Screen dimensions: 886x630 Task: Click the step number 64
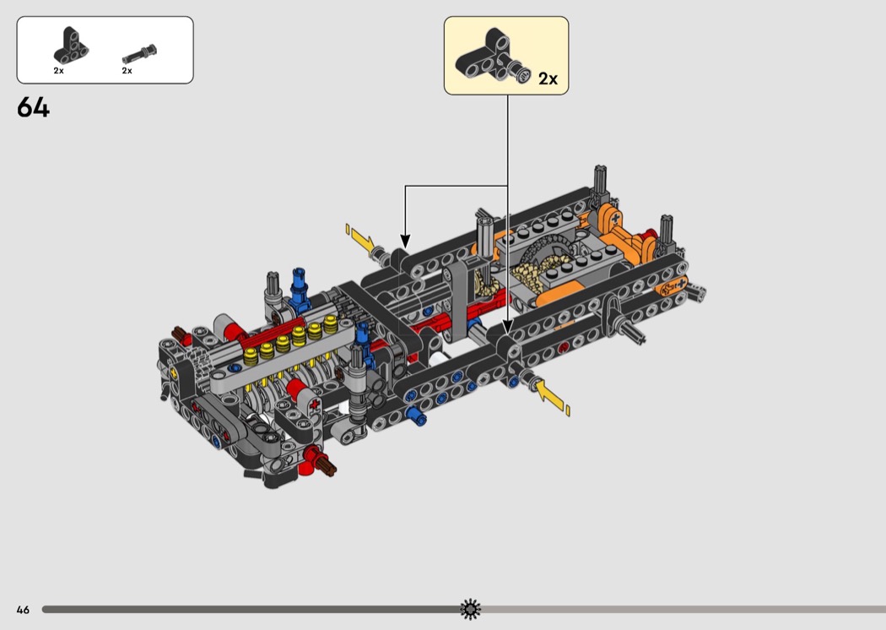pos(34,107)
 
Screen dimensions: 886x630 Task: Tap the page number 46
pos(23,610)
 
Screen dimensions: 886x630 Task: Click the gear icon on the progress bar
pos(470,609)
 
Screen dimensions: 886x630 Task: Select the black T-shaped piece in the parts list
pos(71,46)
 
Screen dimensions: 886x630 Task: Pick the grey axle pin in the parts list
pos(139,54)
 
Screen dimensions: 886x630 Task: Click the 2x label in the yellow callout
pos(548,79)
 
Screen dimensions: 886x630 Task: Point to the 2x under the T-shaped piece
pos(59,71)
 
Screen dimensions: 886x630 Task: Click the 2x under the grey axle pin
pos(127,71)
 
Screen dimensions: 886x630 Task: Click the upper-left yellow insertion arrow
pos(360,240)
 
